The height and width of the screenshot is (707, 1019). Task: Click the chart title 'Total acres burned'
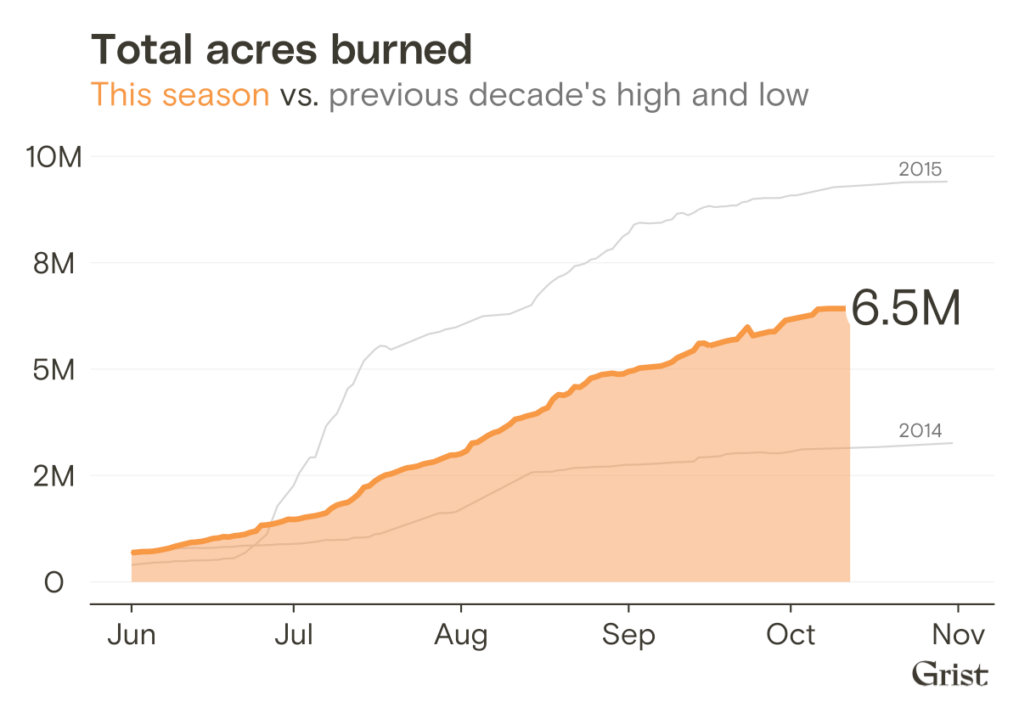coord(281,50)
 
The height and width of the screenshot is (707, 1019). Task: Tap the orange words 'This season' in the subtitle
coord(180,94)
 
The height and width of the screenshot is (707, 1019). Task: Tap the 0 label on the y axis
coord(54,583)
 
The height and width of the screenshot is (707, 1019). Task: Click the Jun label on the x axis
coord(132,635)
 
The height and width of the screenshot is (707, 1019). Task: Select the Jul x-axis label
coord(293,635)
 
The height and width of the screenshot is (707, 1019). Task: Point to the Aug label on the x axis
coord(461,635)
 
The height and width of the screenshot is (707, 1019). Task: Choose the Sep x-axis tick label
coord(628,635)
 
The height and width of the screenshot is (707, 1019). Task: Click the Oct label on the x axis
coord(791,635)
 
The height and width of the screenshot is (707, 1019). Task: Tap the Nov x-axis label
coord(958,635)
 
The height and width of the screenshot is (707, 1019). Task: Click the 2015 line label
coord(920,169)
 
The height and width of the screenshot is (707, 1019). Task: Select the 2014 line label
coord(920,431)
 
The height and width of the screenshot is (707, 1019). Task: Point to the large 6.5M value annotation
coord(905,308)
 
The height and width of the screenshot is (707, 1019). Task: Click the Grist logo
coord(950,675)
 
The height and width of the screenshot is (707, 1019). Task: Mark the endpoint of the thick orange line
coord(844,309)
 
